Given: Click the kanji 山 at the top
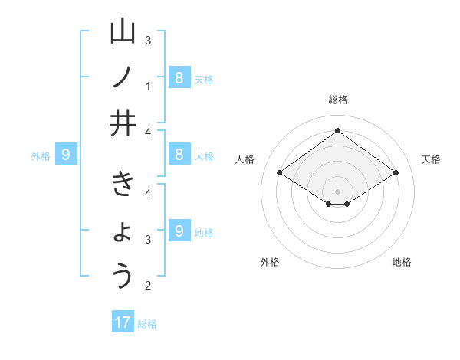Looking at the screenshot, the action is [x=123, y=33].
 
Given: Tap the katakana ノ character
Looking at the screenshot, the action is [x=123, y=77].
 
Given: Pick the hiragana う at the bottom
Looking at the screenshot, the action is [x=123, y=276].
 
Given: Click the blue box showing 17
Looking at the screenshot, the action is [x=123, y=322].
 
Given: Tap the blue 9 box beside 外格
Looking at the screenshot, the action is [x=66, y=155].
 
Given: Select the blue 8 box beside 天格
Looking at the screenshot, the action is [x=179, y=77].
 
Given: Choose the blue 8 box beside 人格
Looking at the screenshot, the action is [x=179, y=155].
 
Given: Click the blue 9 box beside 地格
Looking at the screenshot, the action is [x=179, y=231].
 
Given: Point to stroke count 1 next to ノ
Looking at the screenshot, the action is [x=148, y=87].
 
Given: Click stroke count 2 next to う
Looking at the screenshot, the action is [x=148, y=286].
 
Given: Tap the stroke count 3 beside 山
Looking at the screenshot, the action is [x=148, y=40].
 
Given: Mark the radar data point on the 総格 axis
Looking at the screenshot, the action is [x=337, y=130].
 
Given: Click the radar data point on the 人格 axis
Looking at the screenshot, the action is [x=279, y=173].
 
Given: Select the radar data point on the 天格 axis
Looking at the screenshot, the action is [x=396, y=173].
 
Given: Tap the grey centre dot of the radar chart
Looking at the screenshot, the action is [x=337, y=191].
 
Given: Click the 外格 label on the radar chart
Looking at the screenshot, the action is [x=270, y=262].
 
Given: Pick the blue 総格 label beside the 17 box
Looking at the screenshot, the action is [x=147, y=324].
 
